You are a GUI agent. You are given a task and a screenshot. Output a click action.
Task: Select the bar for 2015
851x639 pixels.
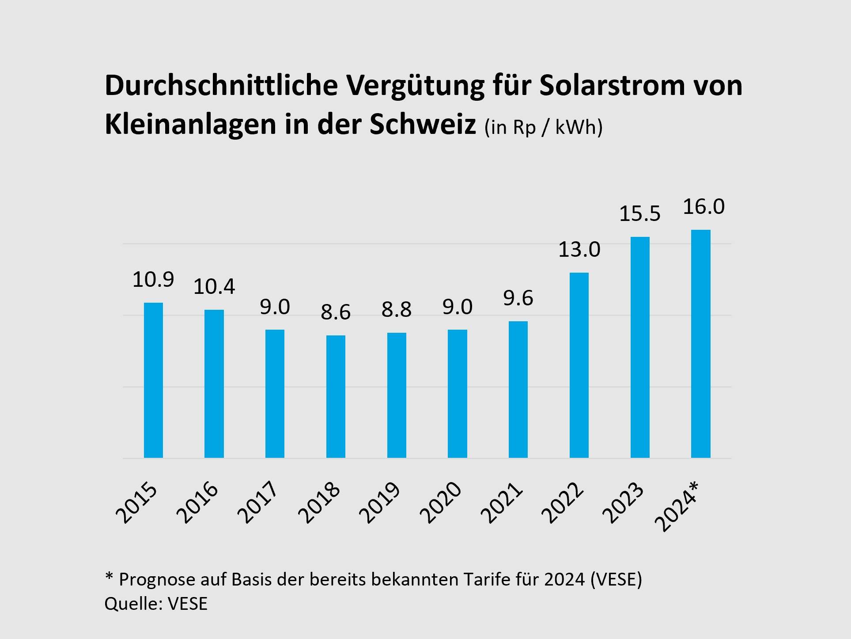(x=153, y=380)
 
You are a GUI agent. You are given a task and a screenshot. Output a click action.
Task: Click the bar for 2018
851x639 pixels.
(x=336, y=396)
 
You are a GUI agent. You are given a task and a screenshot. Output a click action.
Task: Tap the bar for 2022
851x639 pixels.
(x=579, y=365)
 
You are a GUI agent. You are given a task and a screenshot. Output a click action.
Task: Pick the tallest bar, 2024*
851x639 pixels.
(x=700, y=344)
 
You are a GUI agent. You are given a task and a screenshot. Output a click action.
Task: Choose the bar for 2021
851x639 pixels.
(x=518, y=389)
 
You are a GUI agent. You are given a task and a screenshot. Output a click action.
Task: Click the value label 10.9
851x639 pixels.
(x=153, y=279)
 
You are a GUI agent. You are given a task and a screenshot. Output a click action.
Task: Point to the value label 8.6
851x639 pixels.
(x=336, y=312)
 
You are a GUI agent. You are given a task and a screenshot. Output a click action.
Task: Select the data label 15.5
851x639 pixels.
(x=640, y=214)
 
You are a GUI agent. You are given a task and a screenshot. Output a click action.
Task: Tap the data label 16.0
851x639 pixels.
(x=703, y=207)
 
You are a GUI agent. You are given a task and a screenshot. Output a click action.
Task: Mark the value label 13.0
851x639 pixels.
(x=579, y=250)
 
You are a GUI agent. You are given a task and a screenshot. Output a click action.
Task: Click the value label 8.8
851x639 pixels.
(x=397, y=309)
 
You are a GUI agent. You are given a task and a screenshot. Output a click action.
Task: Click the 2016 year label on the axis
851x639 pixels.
(x=197, y=502)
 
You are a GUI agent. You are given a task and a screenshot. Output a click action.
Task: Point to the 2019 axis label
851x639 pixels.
(x=380, y=502)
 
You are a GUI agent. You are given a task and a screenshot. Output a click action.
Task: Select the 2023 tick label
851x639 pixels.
(x=623, y=502)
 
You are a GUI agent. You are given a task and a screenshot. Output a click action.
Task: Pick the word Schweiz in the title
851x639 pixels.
(x=423, y=124)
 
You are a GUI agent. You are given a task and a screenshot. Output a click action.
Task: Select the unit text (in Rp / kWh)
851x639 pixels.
(x=543, y=128)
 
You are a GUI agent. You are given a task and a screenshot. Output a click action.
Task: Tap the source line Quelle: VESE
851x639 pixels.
(x=156, y=604)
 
